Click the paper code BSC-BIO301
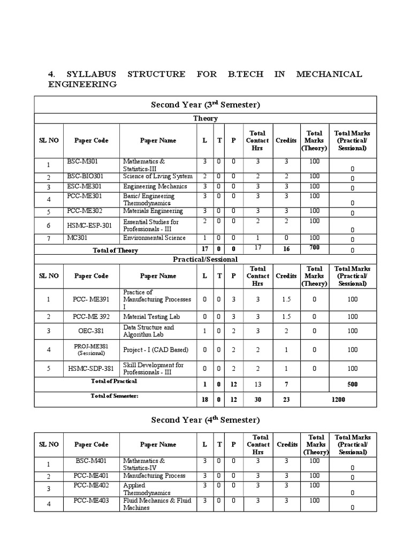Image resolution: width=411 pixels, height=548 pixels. pos(85,176)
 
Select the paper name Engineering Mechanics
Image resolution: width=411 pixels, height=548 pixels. pos(155,187)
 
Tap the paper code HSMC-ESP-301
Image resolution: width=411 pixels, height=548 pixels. pos(90,226)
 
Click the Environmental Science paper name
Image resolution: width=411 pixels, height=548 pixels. pos(154,238)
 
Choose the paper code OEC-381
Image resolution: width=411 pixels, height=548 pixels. pos(90,331)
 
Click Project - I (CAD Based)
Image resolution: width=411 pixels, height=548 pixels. pos(156,350)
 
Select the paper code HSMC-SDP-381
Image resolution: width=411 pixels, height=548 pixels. pos(90,369)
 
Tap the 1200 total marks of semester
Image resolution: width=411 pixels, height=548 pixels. pos(338,399)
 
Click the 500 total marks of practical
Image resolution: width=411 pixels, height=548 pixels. pos(352,384)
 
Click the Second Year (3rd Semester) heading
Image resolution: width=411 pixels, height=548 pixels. pos(205,105)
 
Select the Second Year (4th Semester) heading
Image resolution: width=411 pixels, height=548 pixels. pos(205,420)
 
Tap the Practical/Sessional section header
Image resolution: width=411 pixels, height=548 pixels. pos(205,259)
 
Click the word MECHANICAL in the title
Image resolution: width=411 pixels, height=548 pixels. pos(329,74)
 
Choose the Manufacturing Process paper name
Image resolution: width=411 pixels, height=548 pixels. pos(154,476)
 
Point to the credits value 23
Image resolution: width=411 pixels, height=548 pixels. pos(286,399)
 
